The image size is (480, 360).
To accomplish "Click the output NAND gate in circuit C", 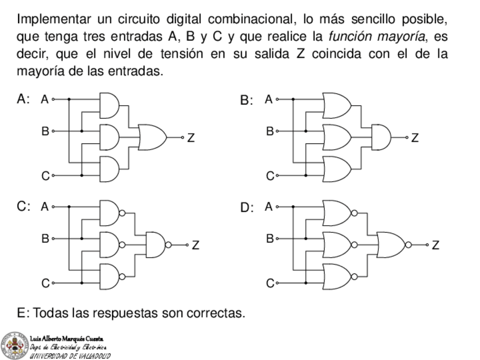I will [x=157, y=245].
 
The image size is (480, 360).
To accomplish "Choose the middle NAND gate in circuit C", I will [x=112, y=245].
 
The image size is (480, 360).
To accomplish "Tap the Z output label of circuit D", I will [x=435, y=245].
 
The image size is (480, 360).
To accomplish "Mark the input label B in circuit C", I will [x=45, y=238].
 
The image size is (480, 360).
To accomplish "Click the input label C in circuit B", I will [x=270, y=176].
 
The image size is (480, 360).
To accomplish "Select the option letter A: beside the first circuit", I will [x=23, y=100].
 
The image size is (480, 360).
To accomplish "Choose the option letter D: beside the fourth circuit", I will [x=247, y=208].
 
